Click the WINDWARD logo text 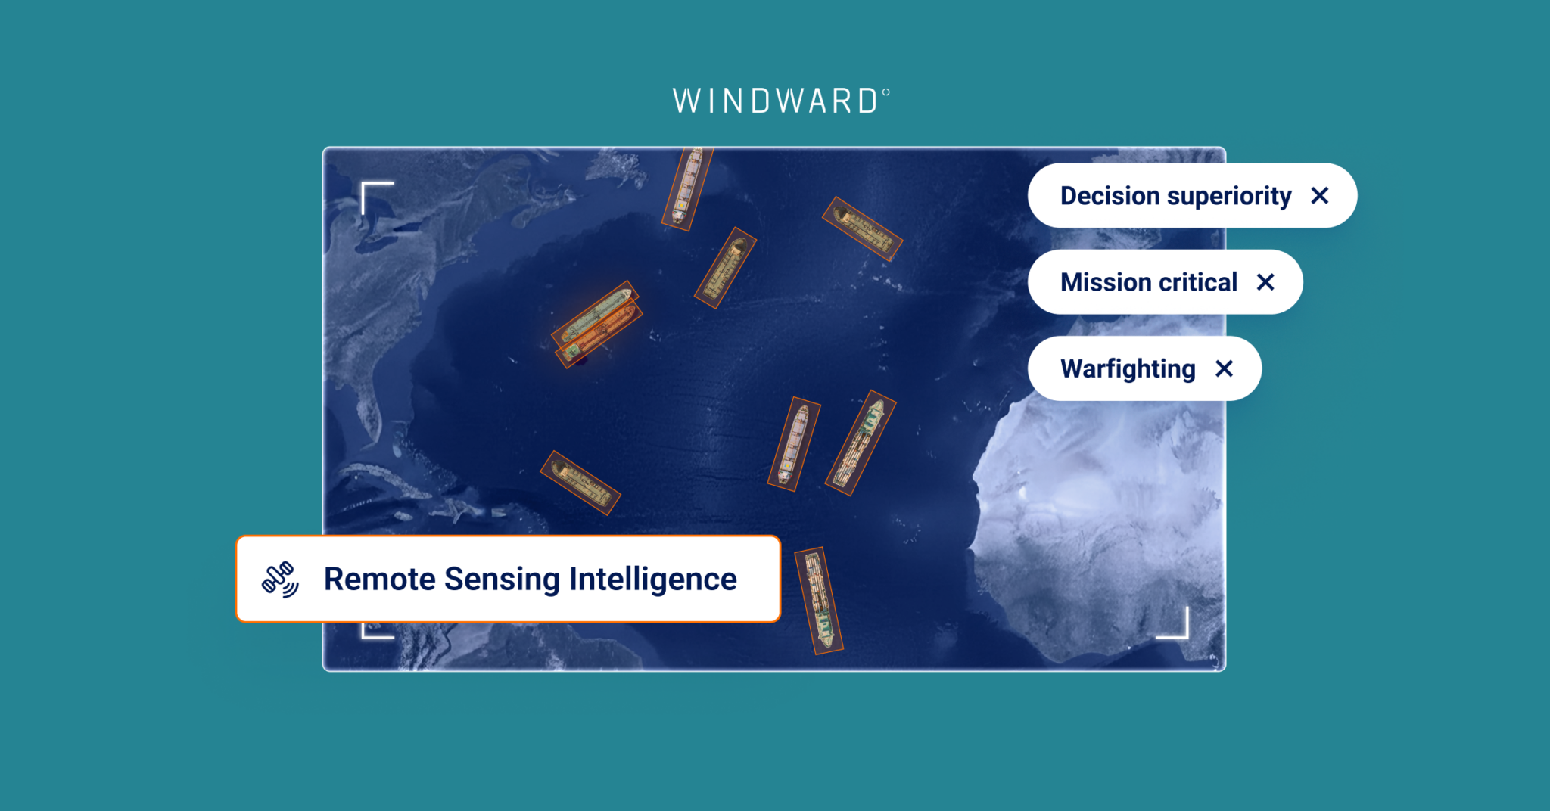pyautogui.click(x=775, y=101)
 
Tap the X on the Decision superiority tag pyautogui.click(x=1319, y=196)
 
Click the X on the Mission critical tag pyautogui.click(x=1265, y=282)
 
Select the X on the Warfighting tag pyautogui.click(x=1224, y=368)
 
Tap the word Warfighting pyautogui.click(x=1128, y=369)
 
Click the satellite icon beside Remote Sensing pyautogui.click(x=280, y=580)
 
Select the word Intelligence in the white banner pyautogui.click(x=652, y=580)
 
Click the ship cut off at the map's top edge pyautogui.click(x=687, y=188)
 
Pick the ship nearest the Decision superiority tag pyautogui.click(x=862, y=228)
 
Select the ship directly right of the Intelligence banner pyautogui.click(x=819, y=601)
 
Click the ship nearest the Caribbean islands pyautogui.click(x=580, y=483)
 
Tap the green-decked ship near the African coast pyautogui.click(x=861, y=443)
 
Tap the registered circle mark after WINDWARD pyautogui.click(x=885, y=92)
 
